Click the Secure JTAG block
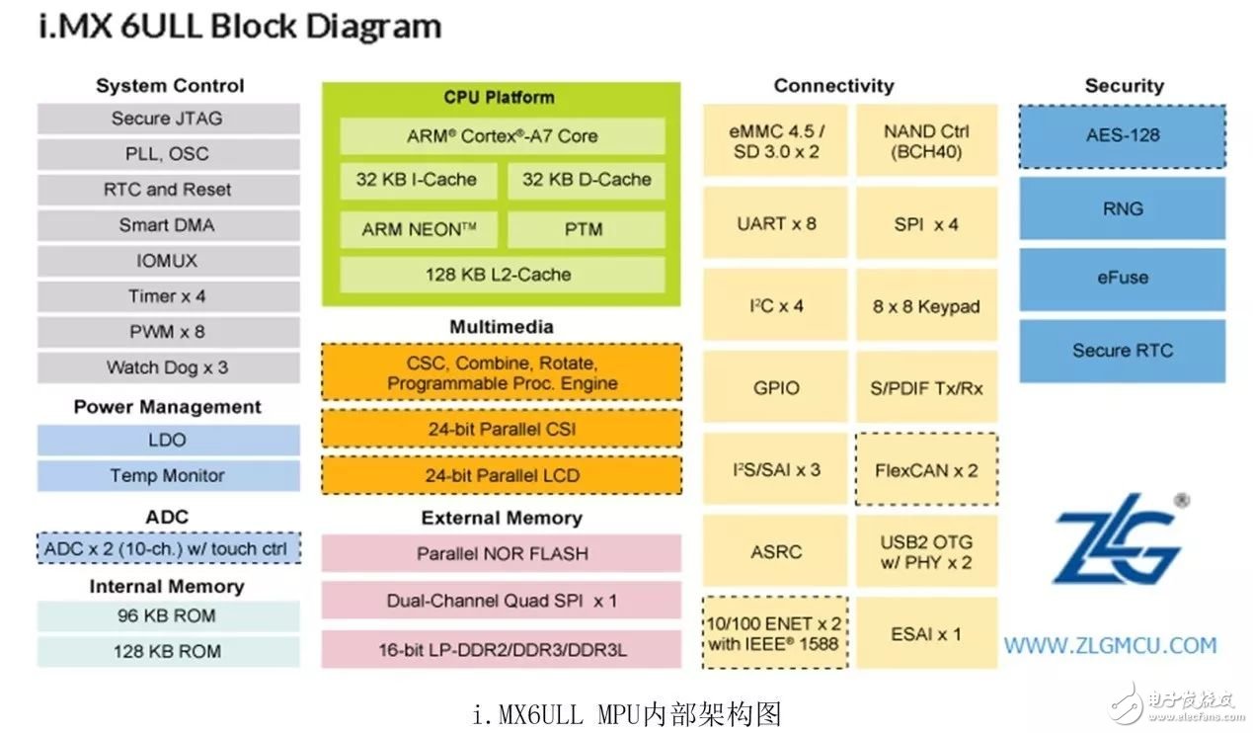tap(169, 119)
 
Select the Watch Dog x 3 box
tap(169, 367)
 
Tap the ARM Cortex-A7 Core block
tap(503, 136)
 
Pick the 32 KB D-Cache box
tap(587, 180)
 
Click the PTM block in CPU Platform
tap(587, 229)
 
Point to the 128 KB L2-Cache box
tap(503, 275)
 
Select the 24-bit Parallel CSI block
tap(502, 429)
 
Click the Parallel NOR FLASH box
tap(502, 553)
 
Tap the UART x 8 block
tap(775, 223)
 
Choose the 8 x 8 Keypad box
tap(927, 305)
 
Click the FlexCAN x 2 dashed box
tap(927, 470)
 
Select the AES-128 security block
tap(1123, 136)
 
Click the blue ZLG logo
tap(1122, 538)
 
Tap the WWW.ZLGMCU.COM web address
tap(1111, 646)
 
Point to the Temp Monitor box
tap(169, 475)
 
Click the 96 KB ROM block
tap(169, 616)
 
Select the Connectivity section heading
tap(833, 86)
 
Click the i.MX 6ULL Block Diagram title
tap(241, 27)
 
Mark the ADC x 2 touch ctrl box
tap(169, 548)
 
